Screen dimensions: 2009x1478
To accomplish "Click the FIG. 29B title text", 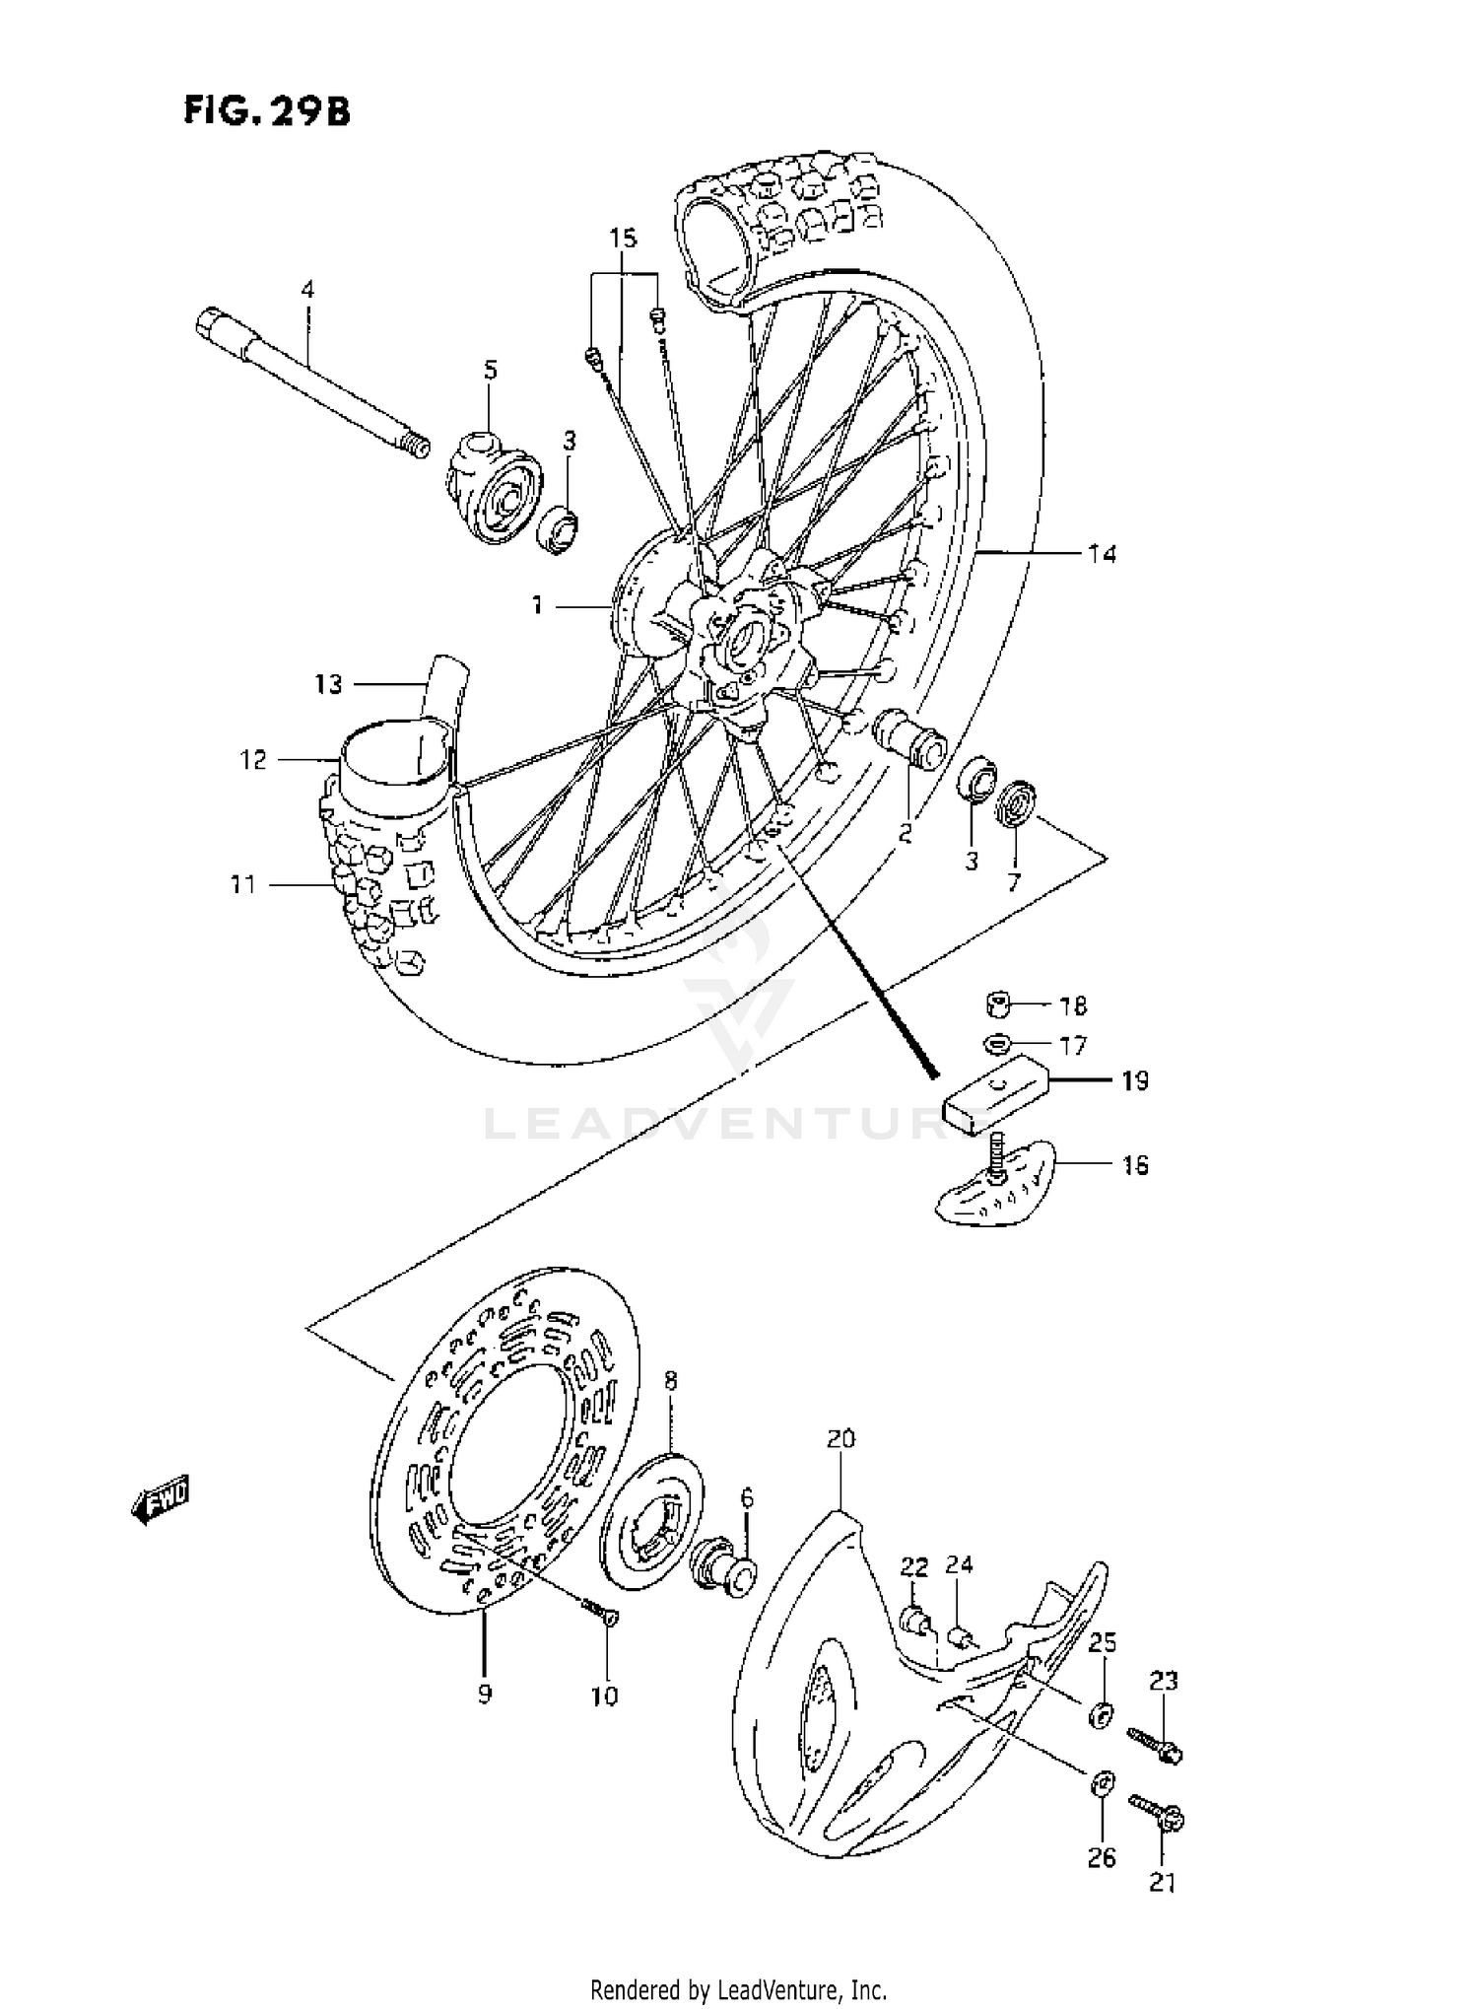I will click(x=265, y=111).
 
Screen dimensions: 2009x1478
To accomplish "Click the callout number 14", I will click(x=1102, y=554).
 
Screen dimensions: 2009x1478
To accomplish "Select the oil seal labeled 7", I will click(x=1015, y=803).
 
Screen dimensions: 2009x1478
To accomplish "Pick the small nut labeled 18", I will click(x=999, y=1005).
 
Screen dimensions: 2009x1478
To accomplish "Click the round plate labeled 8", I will click(x=650, y=1523).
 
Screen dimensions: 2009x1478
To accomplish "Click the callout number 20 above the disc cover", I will click(x=840, y=1440).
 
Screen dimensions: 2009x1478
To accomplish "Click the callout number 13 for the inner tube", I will click(x=328, y=683).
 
